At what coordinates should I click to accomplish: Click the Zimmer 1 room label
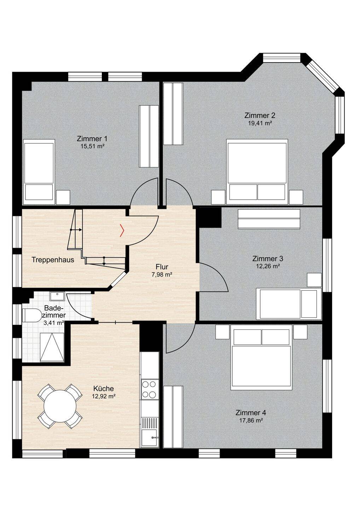click(92, 139)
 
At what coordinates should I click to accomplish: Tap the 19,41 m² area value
click(260, 123)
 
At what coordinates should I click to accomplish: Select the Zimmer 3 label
click(268, 259)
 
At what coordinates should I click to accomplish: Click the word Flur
click(162, 266)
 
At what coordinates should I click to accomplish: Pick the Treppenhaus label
click(53, 260)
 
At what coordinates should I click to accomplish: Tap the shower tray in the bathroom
click(52, 347)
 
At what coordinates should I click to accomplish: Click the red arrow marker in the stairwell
click(122, 230)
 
